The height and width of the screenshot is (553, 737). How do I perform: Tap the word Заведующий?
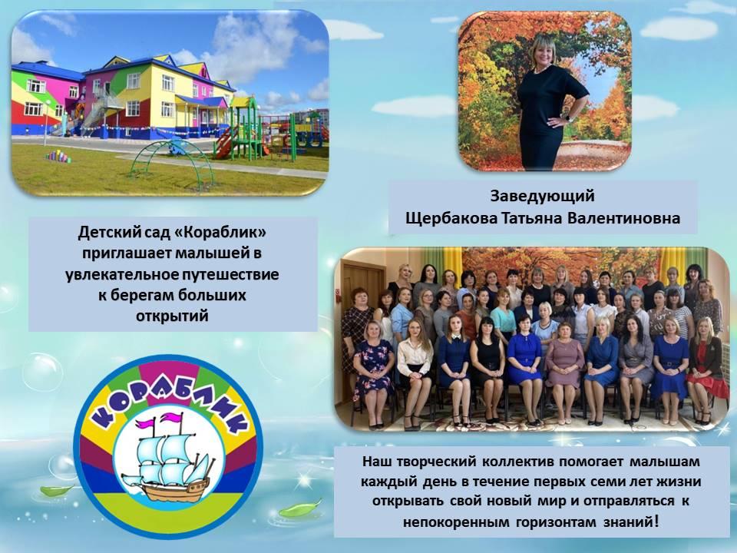click(543, 196)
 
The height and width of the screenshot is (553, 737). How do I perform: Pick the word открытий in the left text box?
click(172, 316)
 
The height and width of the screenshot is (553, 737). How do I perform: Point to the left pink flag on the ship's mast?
click(144, 422)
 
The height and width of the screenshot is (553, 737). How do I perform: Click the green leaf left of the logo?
click(55, 491)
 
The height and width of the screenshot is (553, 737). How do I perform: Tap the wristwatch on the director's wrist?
click(569, 117)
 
